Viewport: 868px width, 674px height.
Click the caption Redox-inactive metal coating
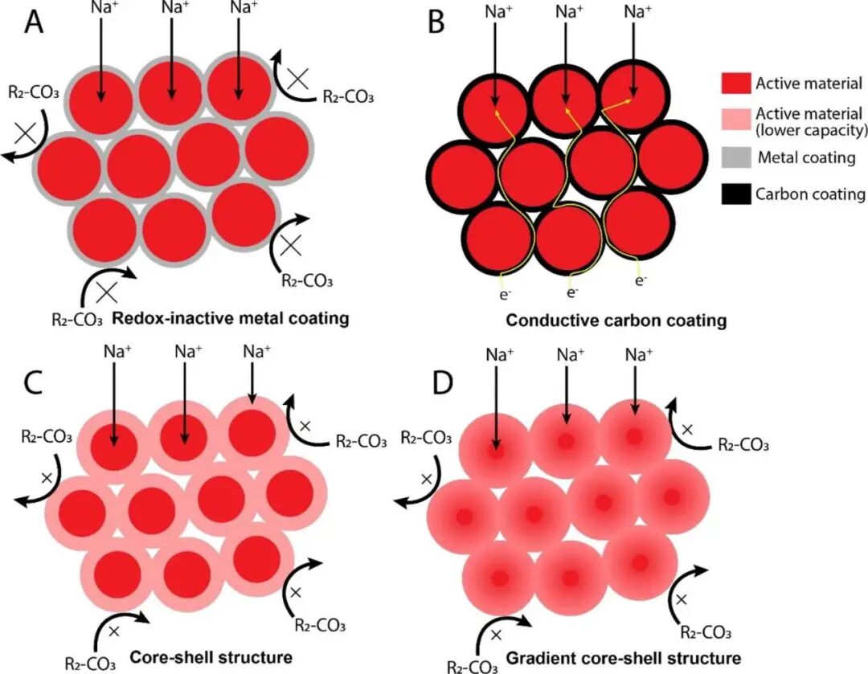pos(231,318)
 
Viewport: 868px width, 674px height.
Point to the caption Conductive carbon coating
pos(616,321)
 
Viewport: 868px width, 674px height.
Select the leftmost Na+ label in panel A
pos(100,9)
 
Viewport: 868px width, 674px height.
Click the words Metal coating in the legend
pos(806,157)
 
